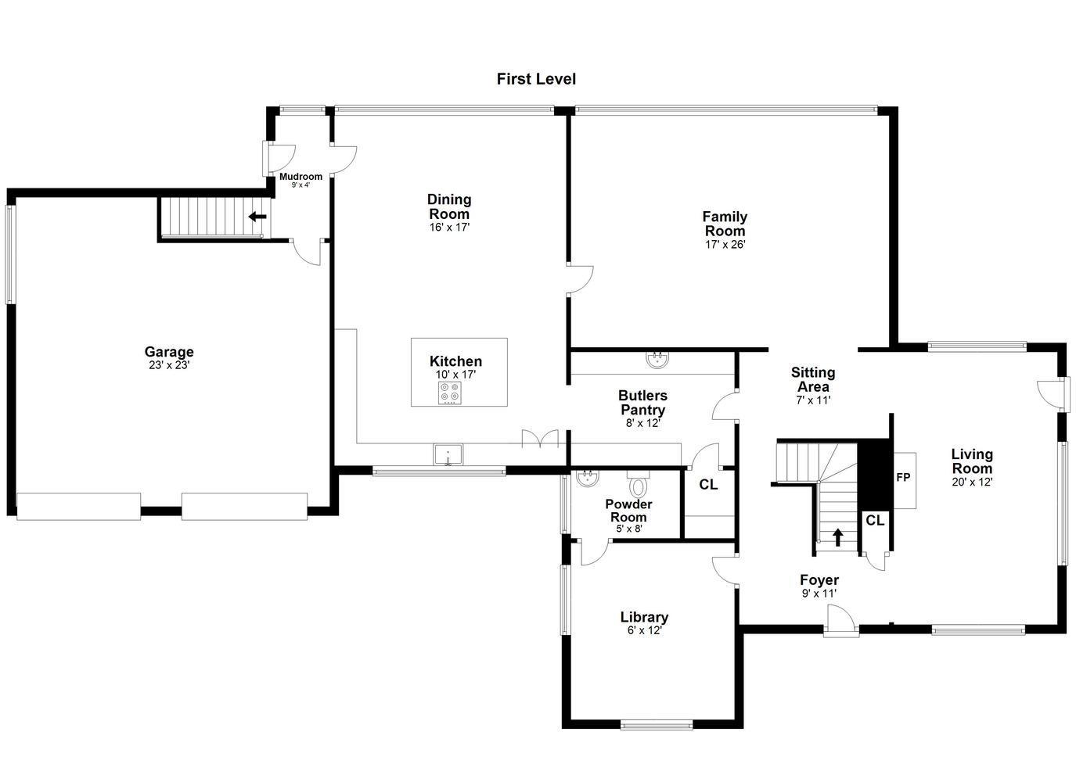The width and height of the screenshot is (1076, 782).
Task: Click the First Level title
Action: pyautogui.click(x=536, y=79)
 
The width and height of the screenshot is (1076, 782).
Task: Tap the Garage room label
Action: pyautogui.click(x=169, y=352)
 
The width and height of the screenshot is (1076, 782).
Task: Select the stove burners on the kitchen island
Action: pyautogui.click(x=450, y=393)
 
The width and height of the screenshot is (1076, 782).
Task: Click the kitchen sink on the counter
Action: pyautogui.click(x=448, y=454)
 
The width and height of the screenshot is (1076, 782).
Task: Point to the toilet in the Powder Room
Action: pyautogui.click(x=638, y=484)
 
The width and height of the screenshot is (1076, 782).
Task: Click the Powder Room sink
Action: pyautogui.click(x=588, y=478)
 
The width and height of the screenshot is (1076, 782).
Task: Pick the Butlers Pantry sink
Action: pyautogui.click(x=657, y=360)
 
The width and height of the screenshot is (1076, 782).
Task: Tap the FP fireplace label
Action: pyautogui.click(x=903, y=478)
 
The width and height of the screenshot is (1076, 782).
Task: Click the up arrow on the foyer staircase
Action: pyautogui.click(x=838, y=537)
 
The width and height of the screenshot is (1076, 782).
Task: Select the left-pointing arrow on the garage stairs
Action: pyautogui.click(x=257, y=217)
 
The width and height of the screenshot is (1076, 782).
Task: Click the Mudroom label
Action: pyautogui.click(x=300, y=177)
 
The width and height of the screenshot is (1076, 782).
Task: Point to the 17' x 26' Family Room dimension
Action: pyautogui.click(x=725, y=244)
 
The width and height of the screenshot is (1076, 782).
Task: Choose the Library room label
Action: pyautogui.click(x=644, y=617)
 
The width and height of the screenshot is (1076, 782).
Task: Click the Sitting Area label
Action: pyautogui.click(x=813, y=379)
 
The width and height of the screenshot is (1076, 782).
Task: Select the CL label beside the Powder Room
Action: pyautogui.click(x=708, y=485)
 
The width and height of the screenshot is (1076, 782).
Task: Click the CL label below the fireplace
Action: pyautogui.click(x=875, y=520)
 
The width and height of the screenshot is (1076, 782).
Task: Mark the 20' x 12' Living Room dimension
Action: pyautogui.click(x=972, y=482)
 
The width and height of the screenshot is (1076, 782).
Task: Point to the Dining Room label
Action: pyautogui.click(x=449, y=206)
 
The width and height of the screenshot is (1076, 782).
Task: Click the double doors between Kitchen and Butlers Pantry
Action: pyautogui.click(x=540, y=439)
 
